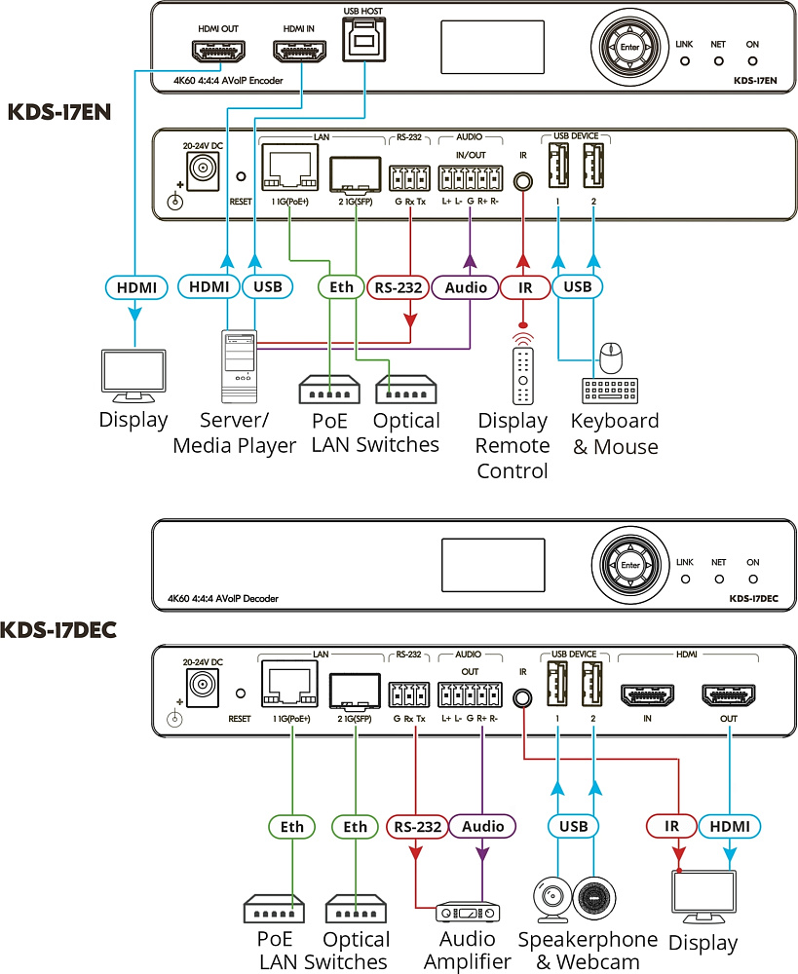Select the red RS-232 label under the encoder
(399, 287)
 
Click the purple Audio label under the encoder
(466, 287)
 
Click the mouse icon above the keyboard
(612, 357)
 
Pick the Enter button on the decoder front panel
(630, 565)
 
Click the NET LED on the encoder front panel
(718, 60)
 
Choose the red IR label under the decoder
(672, 826)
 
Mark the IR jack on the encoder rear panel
(523, 181)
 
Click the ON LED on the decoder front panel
(753, 580)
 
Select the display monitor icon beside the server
(134, 376)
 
